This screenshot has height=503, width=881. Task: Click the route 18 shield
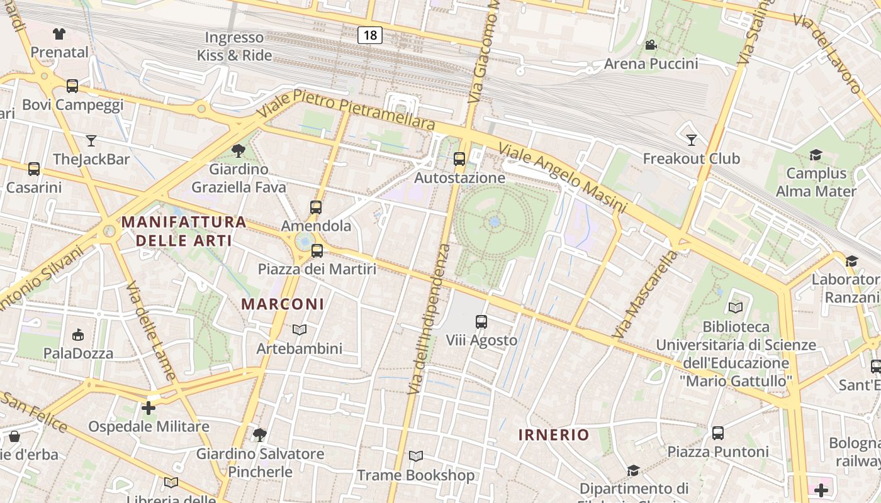pos(370,35)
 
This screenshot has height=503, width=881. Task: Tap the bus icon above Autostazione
pos(459,158)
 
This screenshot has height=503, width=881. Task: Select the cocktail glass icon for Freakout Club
pos(692,140)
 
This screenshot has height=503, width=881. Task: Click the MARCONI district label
pos(283,304)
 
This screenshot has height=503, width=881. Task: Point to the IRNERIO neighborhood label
pos(554,434)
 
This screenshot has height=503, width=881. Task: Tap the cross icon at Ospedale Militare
pos(149,408)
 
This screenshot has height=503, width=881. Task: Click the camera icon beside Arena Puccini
pos(651,45)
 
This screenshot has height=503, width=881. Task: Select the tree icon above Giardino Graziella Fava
pos(238,150)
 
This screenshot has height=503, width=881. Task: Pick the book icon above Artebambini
pos(300,329)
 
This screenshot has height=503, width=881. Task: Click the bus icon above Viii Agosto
pos(481,322)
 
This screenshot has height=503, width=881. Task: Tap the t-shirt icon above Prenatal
pos(59,33)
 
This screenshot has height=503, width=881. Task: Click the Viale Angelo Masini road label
pos(563,177)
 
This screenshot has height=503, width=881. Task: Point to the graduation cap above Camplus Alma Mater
pos(816,155)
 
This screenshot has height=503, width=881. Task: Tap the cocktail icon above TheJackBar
pos(91,140)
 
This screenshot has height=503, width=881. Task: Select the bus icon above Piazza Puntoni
pos(718,433)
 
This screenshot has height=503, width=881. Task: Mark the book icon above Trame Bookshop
pos(415,456)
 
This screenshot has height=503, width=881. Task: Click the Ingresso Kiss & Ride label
pos(235,47)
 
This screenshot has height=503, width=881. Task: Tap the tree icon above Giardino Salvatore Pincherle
pos(259,434)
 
